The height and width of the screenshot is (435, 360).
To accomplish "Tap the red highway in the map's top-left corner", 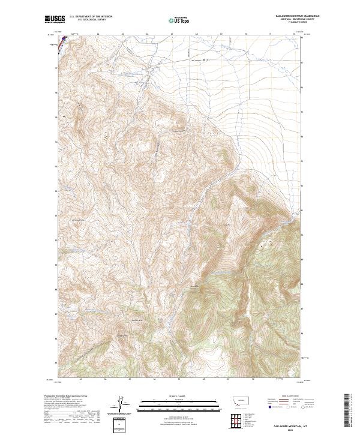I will pos(59,43).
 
